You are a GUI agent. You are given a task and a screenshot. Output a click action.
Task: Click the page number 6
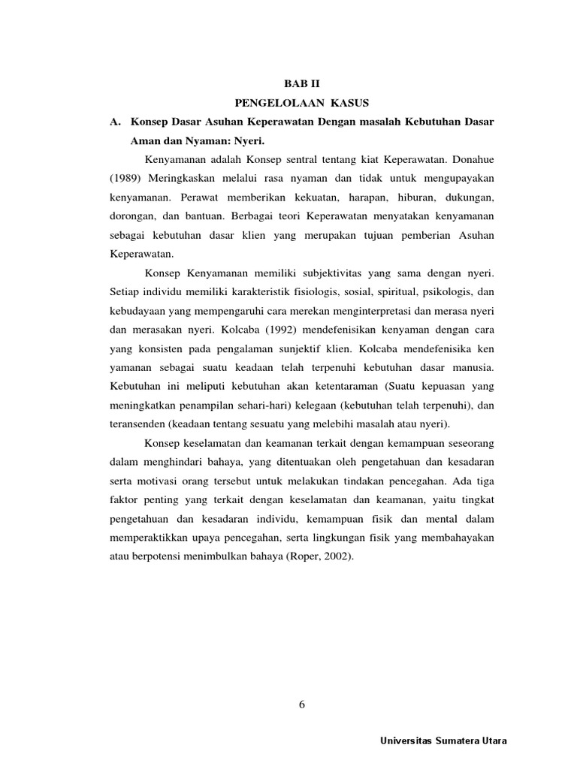click(x=301, y=704)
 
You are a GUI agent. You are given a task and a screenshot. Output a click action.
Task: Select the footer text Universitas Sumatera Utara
click(x=445, y=741)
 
